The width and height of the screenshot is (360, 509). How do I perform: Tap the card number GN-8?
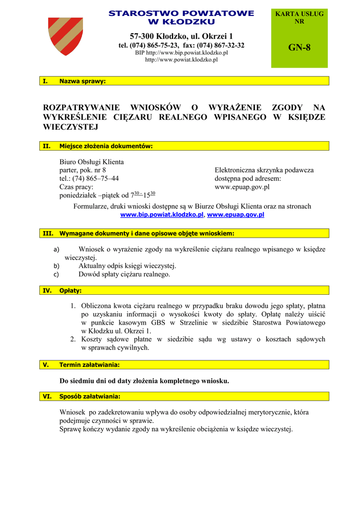click(299, 48)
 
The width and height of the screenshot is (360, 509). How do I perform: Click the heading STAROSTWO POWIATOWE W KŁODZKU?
click(181, 17)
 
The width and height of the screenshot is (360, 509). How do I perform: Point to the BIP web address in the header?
click(181, 52)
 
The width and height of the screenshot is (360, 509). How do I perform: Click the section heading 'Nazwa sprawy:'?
click(83, 81)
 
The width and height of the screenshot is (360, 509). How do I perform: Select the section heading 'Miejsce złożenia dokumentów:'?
click(106, 146)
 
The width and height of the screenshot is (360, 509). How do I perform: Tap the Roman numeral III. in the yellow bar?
click(48, 233)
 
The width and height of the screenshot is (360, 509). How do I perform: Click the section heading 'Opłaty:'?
click(71, 290)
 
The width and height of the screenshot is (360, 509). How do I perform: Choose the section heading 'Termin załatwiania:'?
click(90, 365)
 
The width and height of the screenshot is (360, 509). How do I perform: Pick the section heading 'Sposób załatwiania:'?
click(90, 397)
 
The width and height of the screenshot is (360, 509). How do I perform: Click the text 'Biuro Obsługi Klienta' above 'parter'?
click(91, 162)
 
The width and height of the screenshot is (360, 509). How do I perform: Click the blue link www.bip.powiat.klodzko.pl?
click(162, 215)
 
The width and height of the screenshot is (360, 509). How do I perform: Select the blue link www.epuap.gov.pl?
click(235, 215)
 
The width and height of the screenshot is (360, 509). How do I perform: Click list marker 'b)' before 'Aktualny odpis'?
click(56, 266)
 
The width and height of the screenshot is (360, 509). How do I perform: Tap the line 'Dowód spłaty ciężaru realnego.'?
click(124, 274)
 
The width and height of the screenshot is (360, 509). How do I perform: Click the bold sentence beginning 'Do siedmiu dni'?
click(144, 381)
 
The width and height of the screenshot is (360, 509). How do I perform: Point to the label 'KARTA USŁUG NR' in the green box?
click(299, 17)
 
